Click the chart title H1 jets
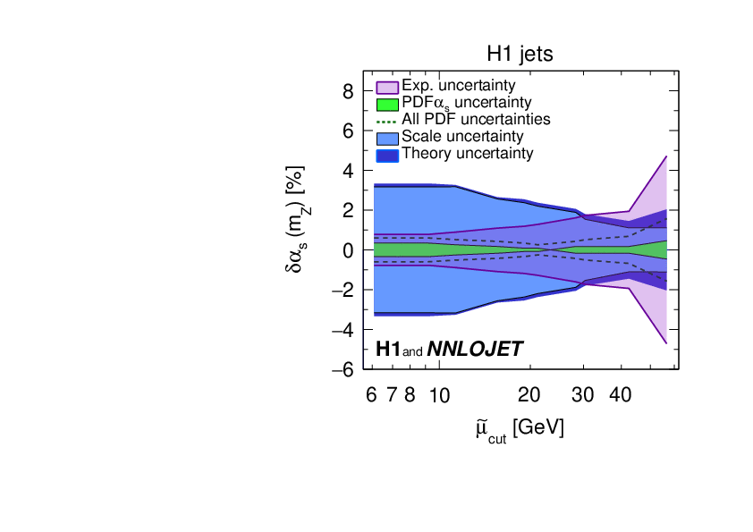coord(520,54)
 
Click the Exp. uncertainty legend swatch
coord(386,87)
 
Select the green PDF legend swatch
coord(386,104)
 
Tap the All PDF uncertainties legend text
coord(476,119)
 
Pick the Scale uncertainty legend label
coord(462,137)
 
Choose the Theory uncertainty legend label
coord(467,153)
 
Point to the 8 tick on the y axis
coord(346,91)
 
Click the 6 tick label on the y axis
coord(346,131)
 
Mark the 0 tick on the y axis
coord(346,250)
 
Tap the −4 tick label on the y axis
coord(341,330)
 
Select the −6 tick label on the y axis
coord(341,370)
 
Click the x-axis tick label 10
coord(439,395)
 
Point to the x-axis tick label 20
coord(530,395)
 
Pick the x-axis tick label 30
coord(584,395)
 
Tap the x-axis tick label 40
coord(622,395)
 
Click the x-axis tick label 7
coord(391,395)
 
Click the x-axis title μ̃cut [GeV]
coord(520,429)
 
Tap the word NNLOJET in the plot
coord(475,350)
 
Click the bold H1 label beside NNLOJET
coord(389,350)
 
